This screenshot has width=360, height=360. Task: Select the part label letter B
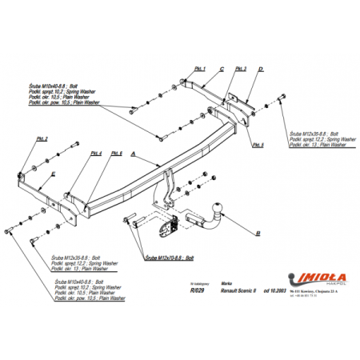258,233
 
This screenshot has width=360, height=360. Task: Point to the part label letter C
222,70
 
